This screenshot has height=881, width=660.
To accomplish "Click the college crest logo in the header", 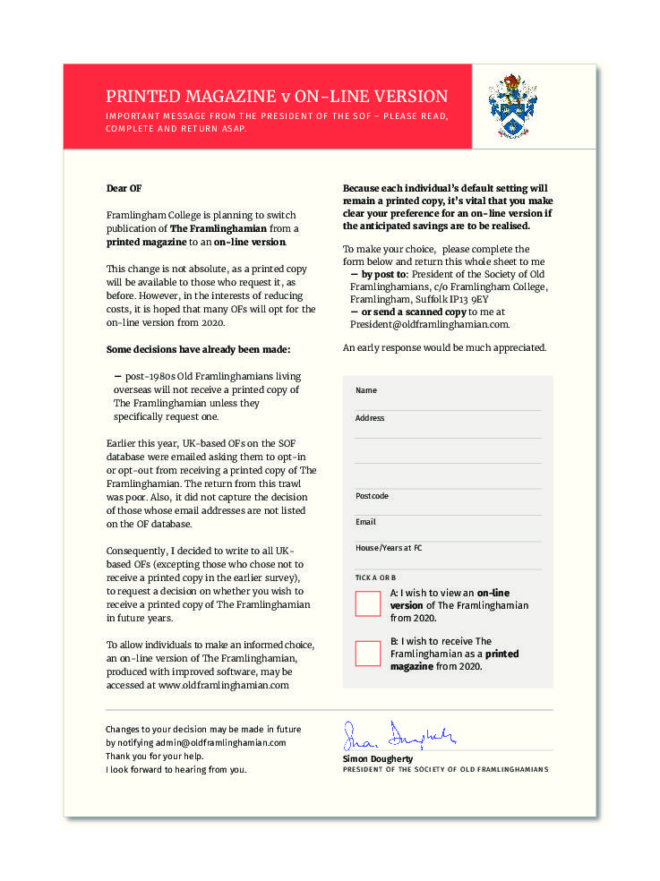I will [x=512, y=107].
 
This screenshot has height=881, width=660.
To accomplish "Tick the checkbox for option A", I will [x=368, y=603].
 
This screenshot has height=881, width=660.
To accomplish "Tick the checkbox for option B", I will [x=368, y=654].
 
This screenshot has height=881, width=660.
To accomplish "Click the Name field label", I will [x=366, y=390].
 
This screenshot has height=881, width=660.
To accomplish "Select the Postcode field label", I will [x=372, y=496].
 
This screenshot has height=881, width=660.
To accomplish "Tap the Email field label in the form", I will [x=365, y=522].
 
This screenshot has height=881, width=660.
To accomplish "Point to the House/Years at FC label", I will [x=389, y=548].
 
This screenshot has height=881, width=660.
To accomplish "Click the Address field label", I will [x=370, y=418].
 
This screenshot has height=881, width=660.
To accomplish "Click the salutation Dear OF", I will [x=124, y=189].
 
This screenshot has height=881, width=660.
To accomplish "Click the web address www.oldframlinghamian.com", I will [x=223, y=685].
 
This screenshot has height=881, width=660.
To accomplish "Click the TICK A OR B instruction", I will [x=375, y=578].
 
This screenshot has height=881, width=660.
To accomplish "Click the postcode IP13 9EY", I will [x=468, y=299].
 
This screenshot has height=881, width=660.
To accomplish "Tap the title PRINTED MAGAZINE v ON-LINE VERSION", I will [x=277, y=97].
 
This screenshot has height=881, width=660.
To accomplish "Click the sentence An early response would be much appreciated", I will [x=444, y=347].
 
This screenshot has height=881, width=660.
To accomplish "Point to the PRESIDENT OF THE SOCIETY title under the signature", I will [x=445, y=770].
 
